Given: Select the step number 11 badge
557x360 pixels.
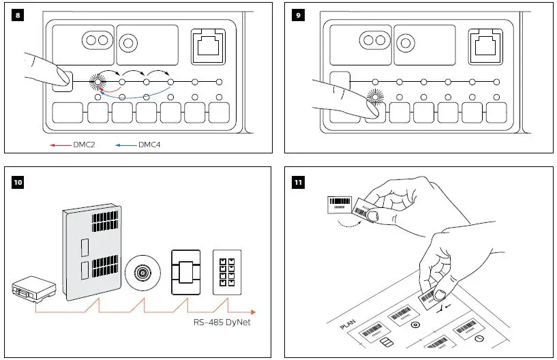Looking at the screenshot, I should click(298, 181).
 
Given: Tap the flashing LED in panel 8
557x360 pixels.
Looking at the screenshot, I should click(98, 82).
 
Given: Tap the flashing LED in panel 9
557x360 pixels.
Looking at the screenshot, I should click(374, 97).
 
